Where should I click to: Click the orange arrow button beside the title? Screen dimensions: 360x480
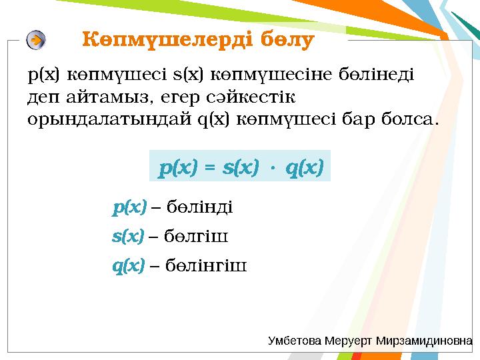coord(37,40)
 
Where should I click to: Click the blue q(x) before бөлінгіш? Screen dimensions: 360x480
coord(128,266)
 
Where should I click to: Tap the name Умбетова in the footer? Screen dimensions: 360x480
coord(295,341)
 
